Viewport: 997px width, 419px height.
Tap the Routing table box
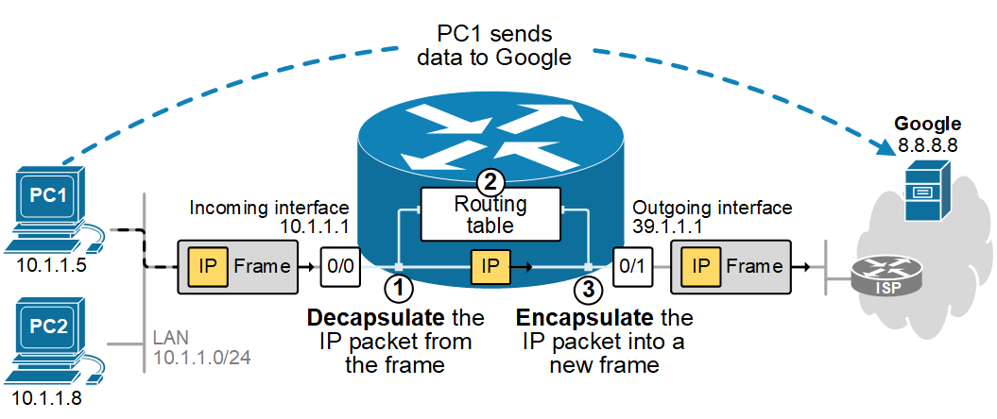click(x=490, y=215)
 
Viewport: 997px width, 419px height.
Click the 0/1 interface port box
click(x=630, y=266)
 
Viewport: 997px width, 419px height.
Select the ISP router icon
click(x=885, y=276)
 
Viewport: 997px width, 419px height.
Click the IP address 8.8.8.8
click(x=927, y=145)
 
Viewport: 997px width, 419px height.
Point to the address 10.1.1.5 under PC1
click(x=51, y=266)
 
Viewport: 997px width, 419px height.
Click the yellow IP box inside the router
click(x=490, y=266)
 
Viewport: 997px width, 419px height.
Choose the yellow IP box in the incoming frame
click(x=207, y=266)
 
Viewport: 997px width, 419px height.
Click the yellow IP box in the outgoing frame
click(x=700, y=266)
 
